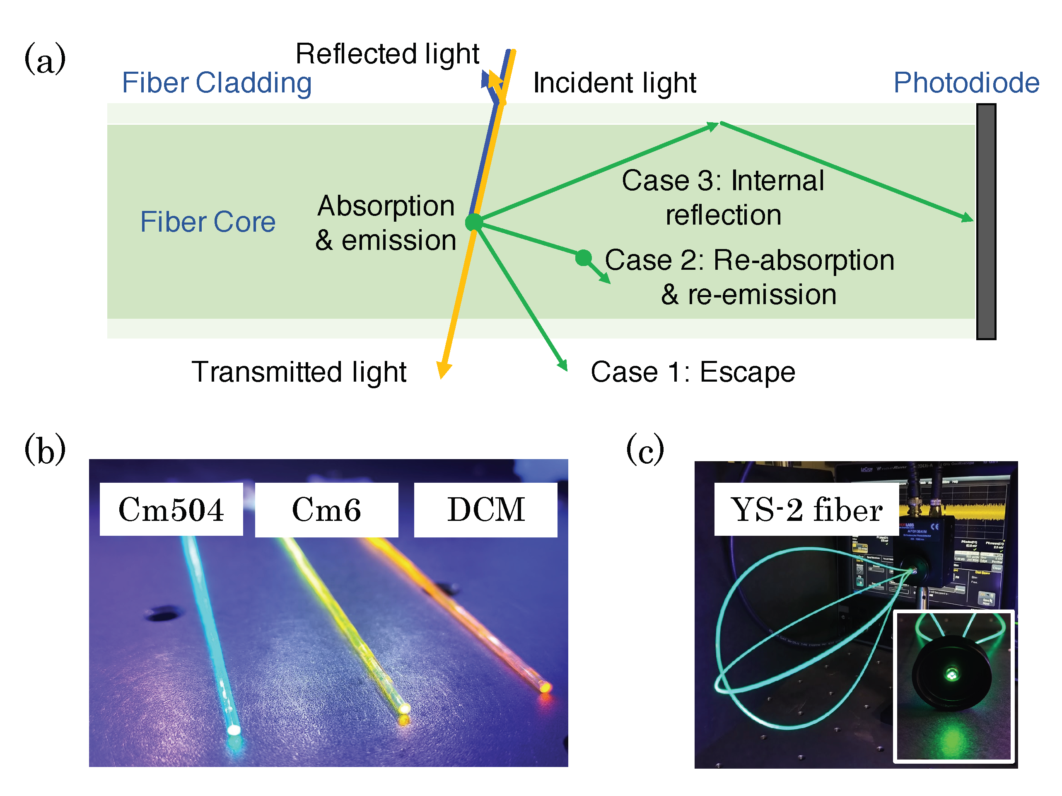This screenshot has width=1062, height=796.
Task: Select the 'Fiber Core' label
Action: point(208,222)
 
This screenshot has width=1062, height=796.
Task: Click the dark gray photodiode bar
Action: point(986,221)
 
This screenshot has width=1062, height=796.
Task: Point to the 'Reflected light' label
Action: point(387,53)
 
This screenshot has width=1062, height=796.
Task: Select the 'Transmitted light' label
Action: point(299,372)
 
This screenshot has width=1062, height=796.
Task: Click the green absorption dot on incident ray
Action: point(474,222)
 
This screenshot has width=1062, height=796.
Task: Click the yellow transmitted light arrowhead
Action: point(444,371)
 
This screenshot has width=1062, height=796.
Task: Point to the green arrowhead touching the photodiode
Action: point(968,218)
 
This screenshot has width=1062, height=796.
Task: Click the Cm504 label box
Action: point(171,509)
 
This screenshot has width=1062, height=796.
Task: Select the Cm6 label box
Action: point(326,509)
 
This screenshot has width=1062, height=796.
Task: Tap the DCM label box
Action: point(485,509)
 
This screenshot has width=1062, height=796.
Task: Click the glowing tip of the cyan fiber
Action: point(234,731)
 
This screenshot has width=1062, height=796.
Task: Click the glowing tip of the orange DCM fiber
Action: point(544,687)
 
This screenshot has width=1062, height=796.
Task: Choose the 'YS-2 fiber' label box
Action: point(806,509)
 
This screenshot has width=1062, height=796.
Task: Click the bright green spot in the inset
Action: point(951,675)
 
